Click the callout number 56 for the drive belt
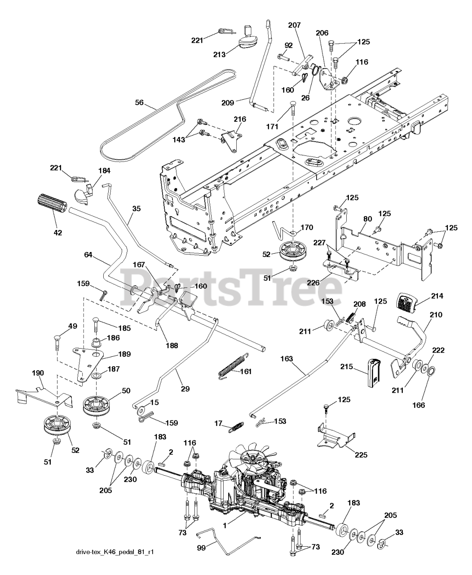139,103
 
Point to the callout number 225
361,455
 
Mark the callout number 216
240,119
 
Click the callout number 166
419,405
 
